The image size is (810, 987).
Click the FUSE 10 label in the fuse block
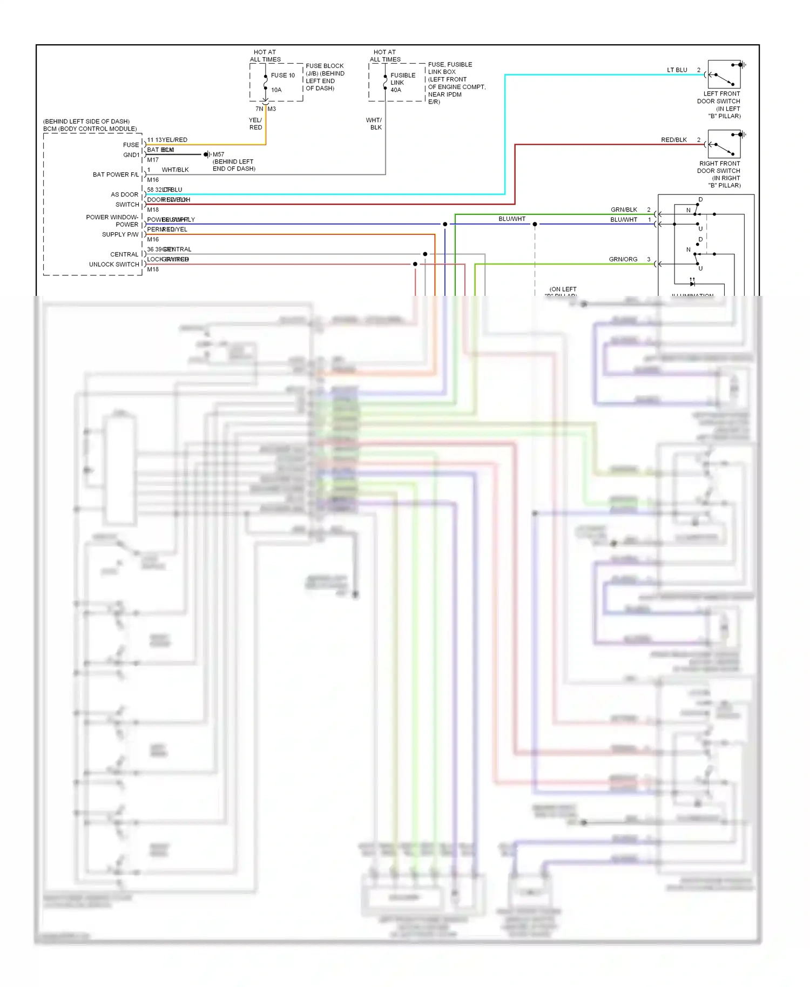[283, 76]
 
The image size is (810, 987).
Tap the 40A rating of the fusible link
[396, 90]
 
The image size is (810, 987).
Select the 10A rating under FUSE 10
[276, 90]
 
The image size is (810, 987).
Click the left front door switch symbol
[724, 75]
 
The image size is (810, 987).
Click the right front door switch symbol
[724, 144]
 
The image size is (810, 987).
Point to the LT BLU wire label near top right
[677, 70]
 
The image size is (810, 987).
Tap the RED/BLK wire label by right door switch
[673, 140]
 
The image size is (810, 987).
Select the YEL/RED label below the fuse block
[255, 124]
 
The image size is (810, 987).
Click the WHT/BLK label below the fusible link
[374, 124]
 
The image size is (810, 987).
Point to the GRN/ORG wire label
[623, 259]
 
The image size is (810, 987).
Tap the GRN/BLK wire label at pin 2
[624, 209]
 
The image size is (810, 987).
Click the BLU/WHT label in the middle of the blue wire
[511, 219]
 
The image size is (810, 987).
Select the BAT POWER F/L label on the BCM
[115, 174]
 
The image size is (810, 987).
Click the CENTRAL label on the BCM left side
[124, 254]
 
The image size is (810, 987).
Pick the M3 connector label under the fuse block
[272, 109]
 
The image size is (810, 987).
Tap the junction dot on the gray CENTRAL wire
[425, 254]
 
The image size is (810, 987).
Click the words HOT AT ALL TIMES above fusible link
[384, 56]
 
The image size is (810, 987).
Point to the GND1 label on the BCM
[131, 155]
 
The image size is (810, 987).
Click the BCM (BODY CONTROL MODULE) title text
[90, 129]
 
